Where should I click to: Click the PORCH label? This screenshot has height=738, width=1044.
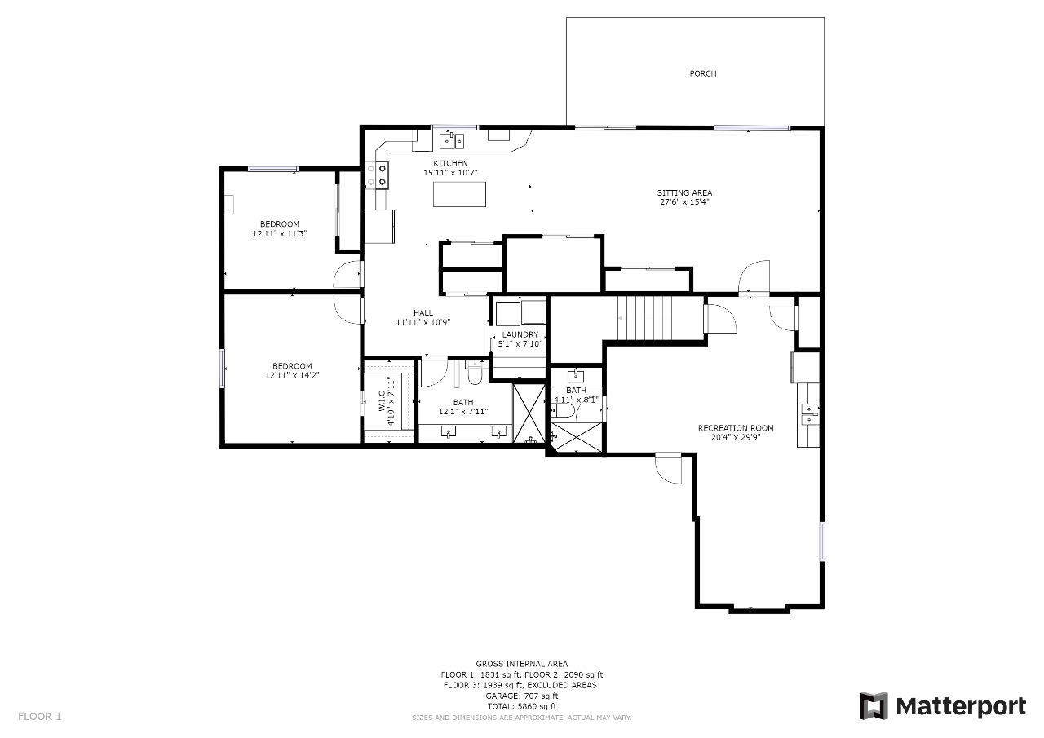[703, 73]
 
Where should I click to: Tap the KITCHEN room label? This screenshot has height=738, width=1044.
[450, 164]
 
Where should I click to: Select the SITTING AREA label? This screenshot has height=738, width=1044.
[684, 193]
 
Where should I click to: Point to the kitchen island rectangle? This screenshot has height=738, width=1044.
[459, 194]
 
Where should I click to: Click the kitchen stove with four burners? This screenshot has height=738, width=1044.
[377, 175]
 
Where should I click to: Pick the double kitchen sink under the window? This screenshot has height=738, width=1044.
[452, 140]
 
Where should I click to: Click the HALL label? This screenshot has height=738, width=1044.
[423, 313]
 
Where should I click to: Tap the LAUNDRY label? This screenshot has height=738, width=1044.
[520, 334]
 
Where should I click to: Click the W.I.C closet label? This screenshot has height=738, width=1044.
[381, 400]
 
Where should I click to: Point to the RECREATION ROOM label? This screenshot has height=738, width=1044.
[736, 428]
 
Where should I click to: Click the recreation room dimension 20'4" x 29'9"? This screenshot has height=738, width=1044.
[736, 437]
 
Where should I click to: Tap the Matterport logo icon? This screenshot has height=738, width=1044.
[874, 706]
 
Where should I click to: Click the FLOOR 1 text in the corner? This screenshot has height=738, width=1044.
[40, 717]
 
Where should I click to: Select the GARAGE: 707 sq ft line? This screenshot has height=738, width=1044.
[521, 696]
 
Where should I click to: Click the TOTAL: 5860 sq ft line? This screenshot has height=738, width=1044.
[521, 707]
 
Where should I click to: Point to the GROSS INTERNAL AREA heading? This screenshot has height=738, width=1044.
[521, 664]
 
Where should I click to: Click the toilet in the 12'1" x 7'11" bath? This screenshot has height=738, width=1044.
[475, 373]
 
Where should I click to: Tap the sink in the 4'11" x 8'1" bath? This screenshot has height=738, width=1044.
[577, 375]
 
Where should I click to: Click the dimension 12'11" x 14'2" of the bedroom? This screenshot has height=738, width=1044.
[292, 375]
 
